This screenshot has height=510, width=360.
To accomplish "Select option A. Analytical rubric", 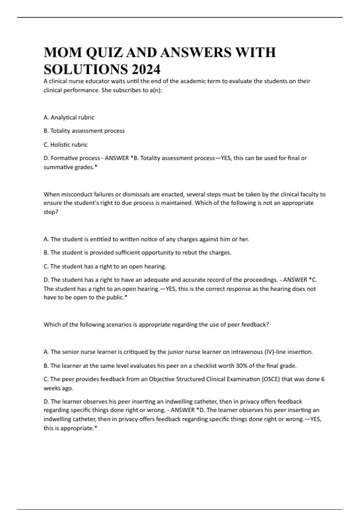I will [x=69, y=117].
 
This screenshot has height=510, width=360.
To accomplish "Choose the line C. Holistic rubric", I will [x=65, y=145].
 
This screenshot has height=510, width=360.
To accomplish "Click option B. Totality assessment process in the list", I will [x=84, y=131].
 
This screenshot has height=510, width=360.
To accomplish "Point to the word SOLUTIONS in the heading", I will [x=86, y=70].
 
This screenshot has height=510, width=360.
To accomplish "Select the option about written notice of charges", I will [x=146, y=239].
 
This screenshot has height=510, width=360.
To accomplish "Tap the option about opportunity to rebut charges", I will [x=137, y=253].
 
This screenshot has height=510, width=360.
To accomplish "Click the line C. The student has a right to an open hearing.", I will [x=105, y=266].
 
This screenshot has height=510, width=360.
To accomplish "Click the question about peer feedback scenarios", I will [x=156, y=325].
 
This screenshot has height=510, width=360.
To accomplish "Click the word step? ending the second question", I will [x=51, y=212].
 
